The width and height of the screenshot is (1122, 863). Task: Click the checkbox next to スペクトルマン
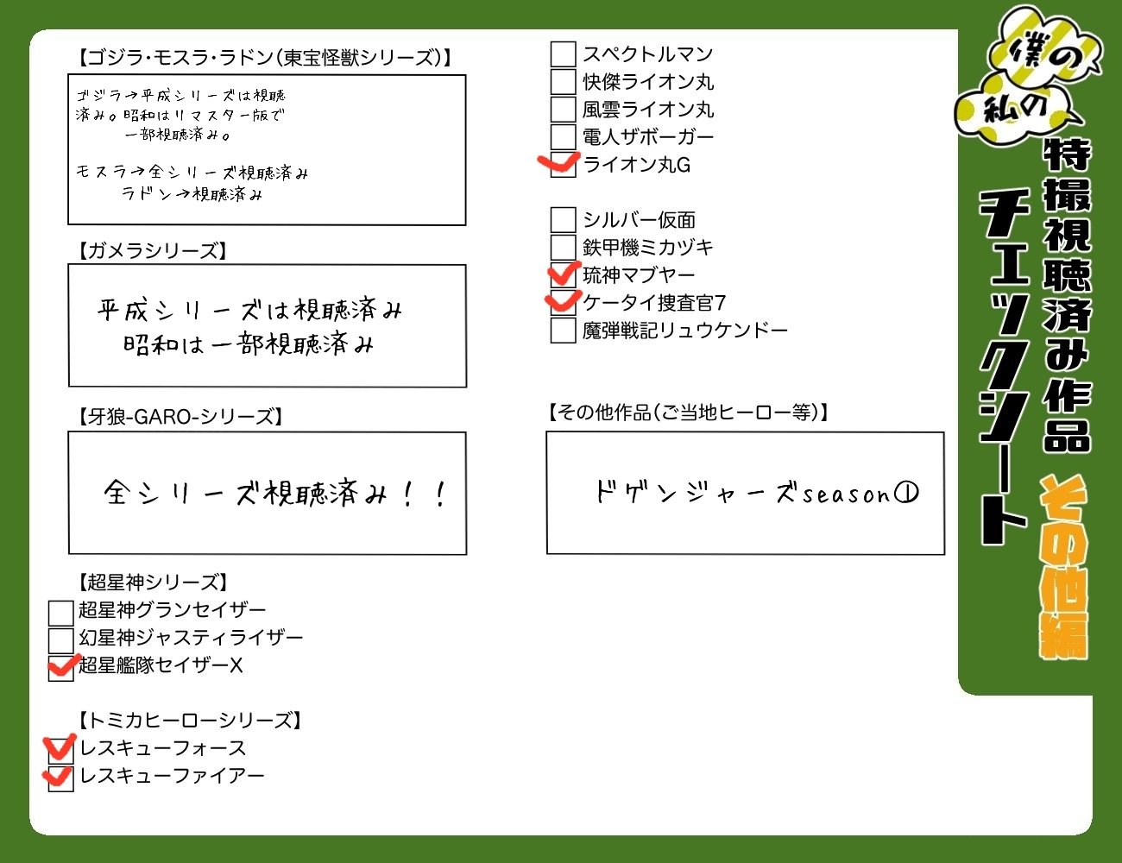pyautogui.click(x=563, y=54)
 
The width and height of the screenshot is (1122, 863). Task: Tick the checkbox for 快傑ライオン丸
pyautogui.click(x=563, y=82)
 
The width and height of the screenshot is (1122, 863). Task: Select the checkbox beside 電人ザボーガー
pyautogui.click(x=563, y=137)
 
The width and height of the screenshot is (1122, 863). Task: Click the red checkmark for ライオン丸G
pyautogui.click(x=559, y=163)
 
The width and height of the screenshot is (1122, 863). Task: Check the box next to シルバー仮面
pyautogui.click(x=563, y=220)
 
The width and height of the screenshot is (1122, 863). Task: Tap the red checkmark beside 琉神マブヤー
pyautogui.click(x=564, y=274)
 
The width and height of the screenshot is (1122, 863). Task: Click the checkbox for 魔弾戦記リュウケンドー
pyautogui.click(x=563, y=331)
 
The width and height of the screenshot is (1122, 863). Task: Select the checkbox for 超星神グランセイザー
pyautogui.click(x=60, y=612)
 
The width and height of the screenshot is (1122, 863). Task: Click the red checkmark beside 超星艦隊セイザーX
pyautogui.click(x=62, y=665)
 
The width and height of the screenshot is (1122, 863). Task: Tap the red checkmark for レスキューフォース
pyautogui.click(x=59, y=747)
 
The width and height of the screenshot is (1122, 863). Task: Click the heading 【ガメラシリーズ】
pyautogui.click(x=152, y=251)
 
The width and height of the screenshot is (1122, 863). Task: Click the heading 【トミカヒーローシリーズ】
pyautogui.click(x=189, y=721)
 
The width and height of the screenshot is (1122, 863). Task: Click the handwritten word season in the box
pyautogui.click(x=846, y=494)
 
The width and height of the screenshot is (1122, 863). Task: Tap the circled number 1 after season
pyautogui.click(x=906, y=493)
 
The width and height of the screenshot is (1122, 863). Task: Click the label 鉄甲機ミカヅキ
pyautogui.click(x=648, y=248)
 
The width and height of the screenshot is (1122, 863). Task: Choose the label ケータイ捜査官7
pyautogui.click(x=654, y=303)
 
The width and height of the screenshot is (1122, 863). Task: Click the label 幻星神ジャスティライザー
pyautogui.click(x=191, y=638)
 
